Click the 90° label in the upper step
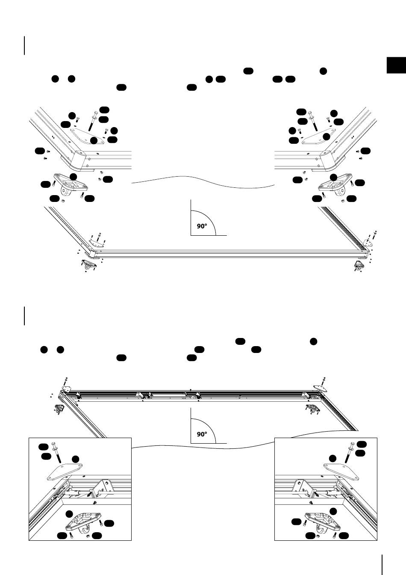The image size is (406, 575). click(202, 226)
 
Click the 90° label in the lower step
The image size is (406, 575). click(202, 434)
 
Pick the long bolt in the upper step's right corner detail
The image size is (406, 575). click(313, 121)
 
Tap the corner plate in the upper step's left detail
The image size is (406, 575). click(87, 136)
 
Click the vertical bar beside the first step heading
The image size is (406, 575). click(25, 46)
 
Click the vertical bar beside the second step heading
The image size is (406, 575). click(25, 316)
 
